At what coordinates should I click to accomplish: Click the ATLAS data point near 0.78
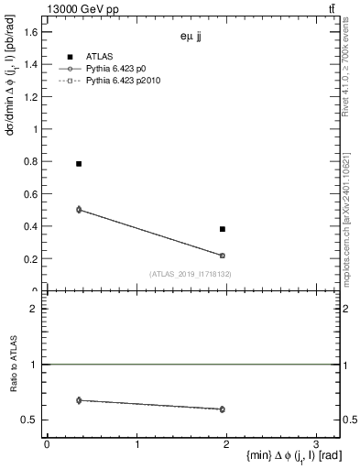point(79,164)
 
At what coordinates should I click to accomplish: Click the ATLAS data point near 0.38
point(223,229)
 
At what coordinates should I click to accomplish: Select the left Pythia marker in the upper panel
point(79,210)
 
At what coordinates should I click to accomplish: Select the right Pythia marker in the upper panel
point(223,256)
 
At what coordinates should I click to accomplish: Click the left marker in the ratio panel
point(79,400)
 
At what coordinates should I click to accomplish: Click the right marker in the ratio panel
point(223,409)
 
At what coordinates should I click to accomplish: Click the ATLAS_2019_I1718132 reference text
point(191,274)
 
